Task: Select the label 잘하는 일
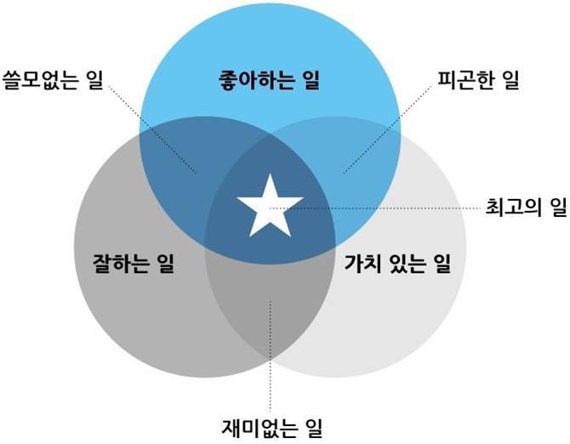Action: click(x=133, y=265)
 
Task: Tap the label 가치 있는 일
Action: click(x=398, y=265)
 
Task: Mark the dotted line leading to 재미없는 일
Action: click(x=270, y=357)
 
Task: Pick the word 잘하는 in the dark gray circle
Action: click(x=122, y=265)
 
